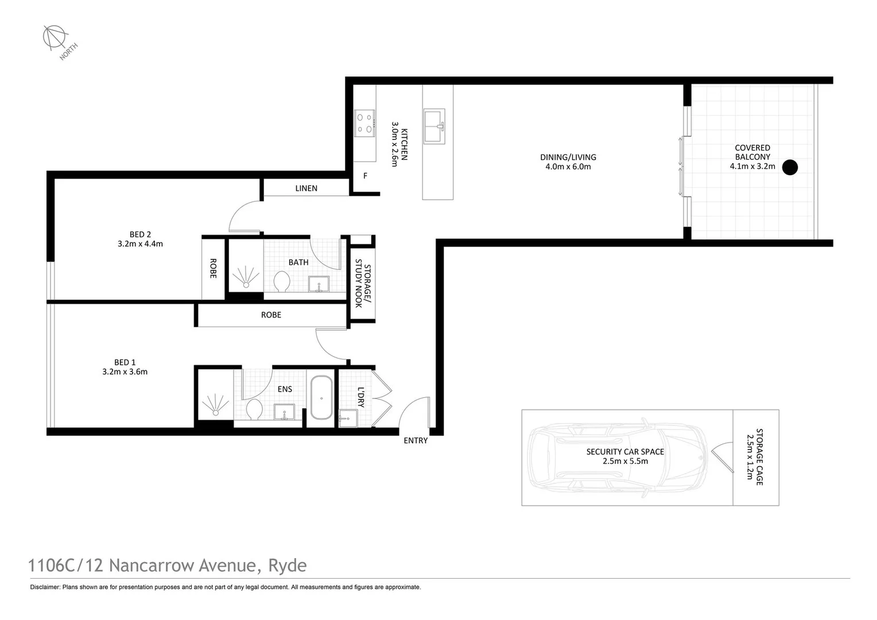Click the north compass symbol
55,37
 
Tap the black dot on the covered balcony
790,167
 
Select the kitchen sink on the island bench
434,126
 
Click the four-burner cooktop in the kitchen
364,123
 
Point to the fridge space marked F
365,176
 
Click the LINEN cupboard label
306,188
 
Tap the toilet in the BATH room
281,282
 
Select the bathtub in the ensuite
321,398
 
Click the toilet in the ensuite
254,409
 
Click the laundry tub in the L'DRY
348,418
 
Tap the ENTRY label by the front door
416,441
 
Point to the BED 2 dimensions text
140,243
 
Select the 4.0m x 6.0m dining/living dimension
568,166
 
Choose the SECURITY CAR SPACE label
625,452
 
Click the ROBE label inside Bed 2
213,268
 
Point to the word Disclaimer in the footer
45,587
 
